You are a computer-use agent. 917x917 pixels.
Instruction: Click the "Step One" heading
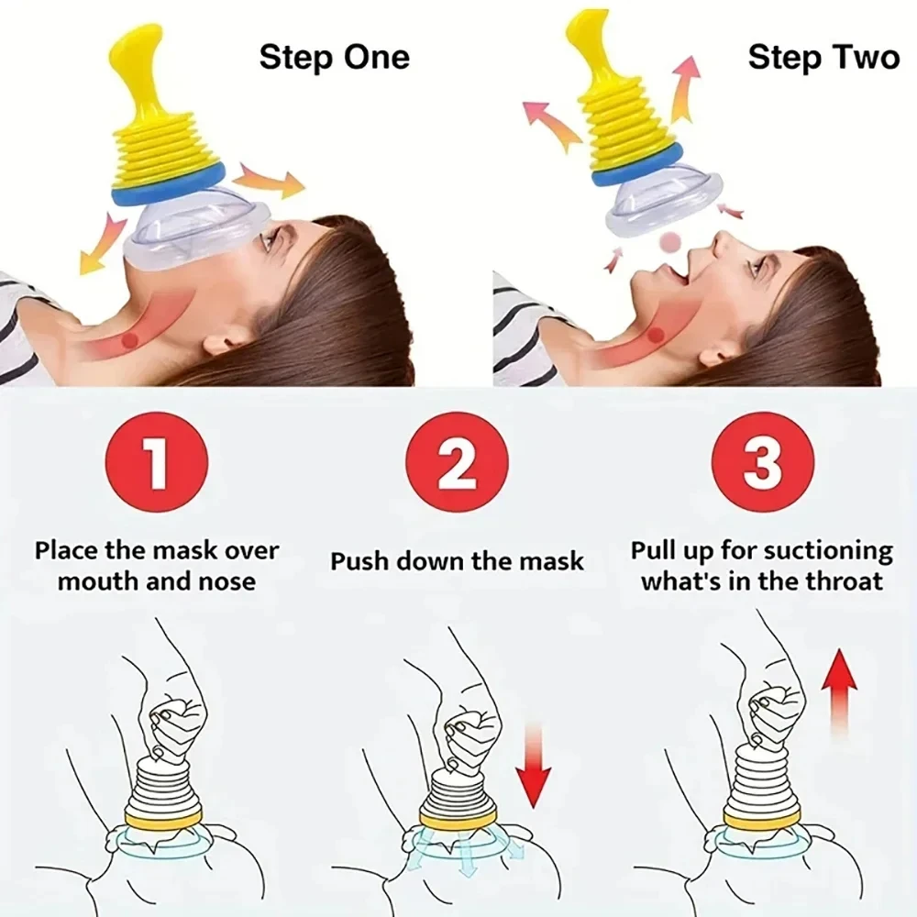click(334, 57)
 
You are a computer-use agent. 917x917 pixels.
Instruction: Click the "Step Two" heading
click(823, 57)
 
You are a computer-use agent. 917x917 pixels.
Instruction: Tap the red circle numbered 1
click(157, 462)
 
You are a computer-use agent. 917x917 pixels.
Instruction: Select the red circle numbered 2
click(457, 462)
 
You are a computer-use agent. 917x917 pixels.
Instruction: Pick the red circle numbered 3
click(761, 462)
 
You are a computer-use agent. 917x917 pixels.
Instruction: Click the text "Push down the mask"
click(457, 561)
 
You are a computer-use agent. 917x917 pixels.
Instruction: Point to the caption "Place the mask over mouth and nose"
click(157, 566)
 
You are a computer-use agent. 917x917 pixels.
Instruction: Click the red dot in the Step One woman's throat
click(130, 340)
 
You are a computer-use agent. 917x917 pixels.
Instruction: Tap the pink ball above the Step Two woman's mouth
click(672, 241)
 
